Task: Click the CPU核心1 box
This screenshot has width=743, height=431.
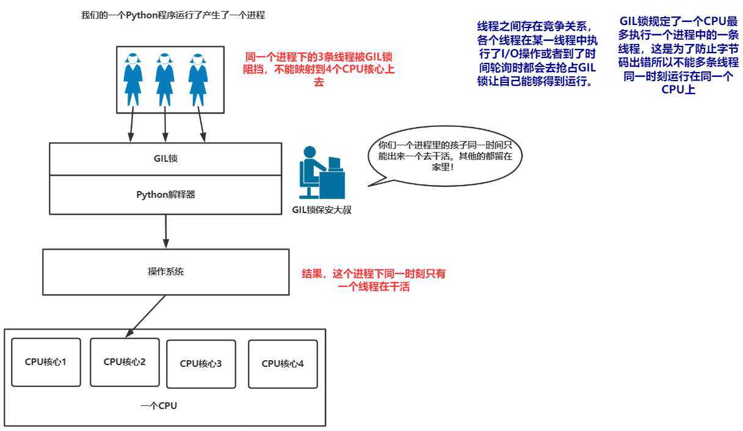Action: point(46,362)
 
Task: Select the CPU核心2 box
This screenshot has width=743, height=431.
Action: point(125,362)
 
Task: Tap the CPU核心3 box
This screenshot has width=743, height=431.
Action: point(201,364)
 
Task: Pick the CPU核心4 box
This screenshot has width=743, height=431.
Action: point(283,364)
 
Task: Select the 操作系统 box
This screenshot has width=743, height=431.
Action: point(165,272)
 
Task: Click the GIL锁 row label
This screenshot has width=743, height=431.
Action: point(165,159)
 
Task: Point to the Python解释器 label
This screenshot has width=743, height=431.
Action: point(165,195)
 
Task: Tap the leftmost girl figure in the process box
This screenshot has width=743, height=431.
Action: point(134,79)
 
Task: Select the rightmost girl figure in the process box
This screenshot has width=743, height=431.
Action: point(197,79)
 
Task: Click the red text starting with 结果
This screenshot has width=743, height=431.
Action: point(374,280)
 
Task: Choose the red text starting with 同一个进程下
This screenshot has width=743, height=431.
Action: point(319,68)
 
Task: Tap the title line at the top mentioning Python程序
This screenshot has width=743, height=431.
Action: point(173,15)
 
